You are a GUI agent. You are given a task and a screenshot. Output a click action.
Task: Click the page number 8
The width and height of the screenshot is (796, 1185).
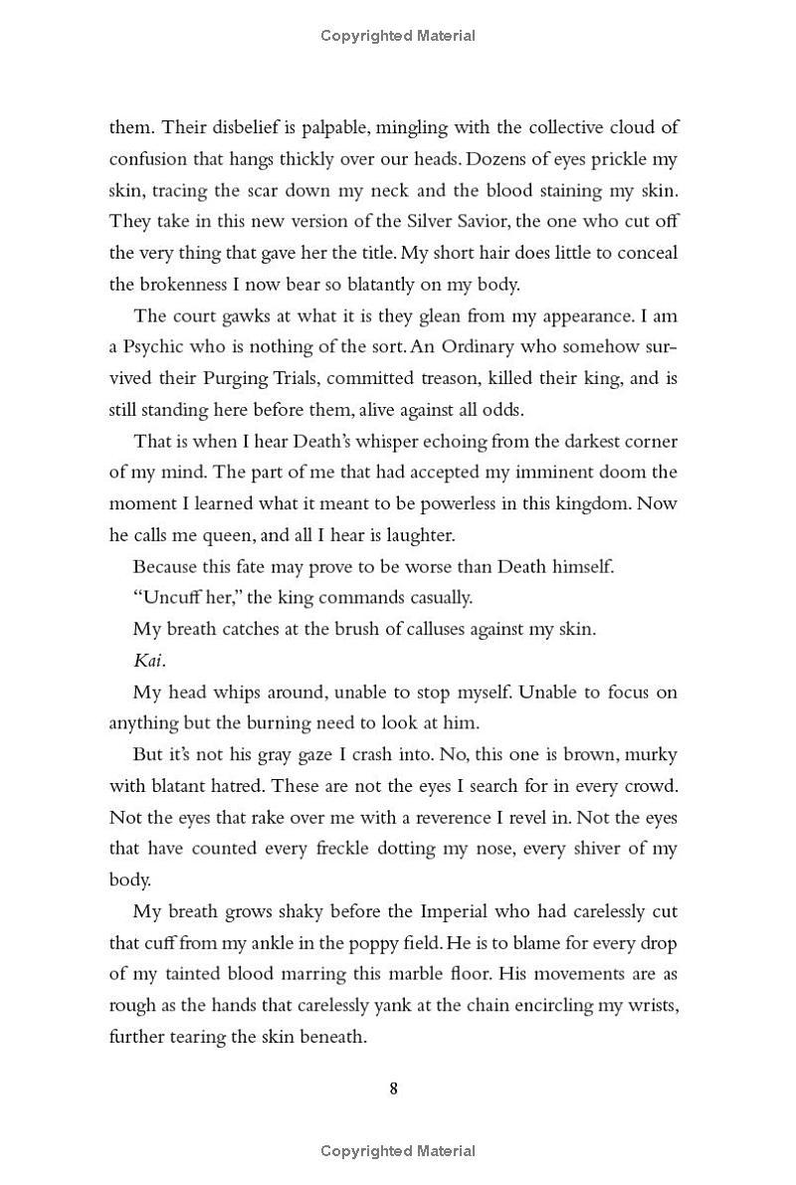coord(394,1088)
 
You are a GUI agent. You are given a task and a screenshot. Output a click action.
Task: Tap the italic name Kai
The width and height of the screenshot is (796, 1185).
coord(148,661)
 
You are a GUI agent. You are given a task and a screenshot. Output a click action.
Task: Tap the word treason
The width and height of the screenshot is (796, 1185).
coord(412,379)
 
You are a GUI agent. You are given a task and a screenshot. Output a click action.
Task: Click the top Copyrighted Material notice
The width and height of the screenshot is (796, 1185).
coord(398,36)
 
